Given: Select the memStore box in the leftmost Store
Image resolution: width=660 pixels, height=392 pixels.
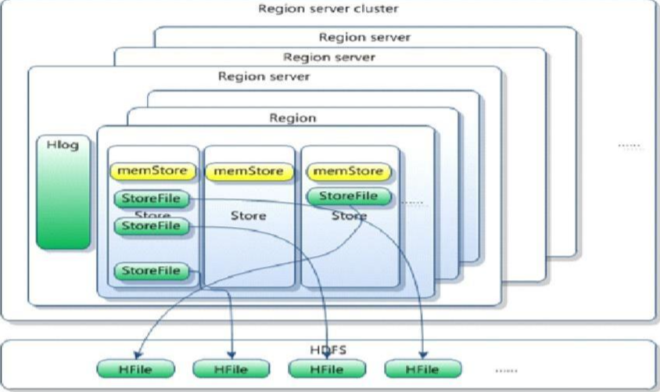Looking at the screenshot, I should [x=152, y=171].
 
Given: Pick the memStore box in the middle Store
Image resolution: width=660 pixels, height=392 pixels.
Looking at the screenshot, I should [x=249, y=171].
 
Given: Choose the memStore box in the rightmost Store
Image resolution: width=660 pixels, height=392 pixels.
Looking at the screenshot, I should [x=348, y=171].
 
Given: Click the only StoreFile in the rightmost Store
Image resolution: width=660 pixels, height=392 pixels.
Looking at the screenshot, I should [x=348, y=196].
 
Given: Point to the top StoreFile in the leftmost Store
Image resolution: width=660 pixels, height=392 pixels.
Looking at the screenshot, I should [x=152, y=199].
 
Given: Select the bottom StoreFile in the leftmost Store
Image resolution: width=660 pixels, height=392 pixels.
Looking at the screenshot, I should [x=152, y=272].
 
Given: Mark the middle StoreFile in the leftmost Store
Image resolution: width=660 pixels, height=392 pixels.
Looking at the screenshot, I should [x=152, y=226].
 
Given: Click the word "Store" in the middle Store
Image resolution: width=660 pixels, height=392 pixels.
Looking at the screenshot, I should [x=249, y=215].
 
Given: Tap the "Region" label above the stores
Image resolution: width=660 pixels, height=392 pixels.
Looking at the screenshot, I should [x=292, y=118].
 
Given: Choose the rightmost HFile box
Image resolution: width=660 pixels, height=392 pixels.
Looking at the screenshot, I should [x=423, y=369].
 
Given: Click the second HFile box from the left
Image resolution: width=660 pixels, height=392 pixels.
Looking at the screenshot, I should [x=231, y=369].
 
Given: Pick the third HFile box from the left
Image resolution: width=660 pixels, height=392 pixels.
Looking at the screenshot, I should [x=328, y=369].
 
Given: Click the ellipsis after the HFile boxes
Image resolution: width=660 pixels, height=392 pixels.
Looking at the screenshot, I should [x=506, y=369].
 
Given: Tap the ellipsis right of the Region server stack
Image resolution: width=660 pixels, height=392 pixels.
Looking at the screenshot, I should [x=630, y=146].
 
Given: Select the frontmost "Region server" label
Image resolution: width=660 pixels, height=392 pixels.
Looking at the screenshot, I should [x=264, y=77].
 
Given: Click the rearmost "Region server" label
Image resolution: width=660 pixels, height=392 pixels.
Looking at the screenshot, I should [x=364, y=37].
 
